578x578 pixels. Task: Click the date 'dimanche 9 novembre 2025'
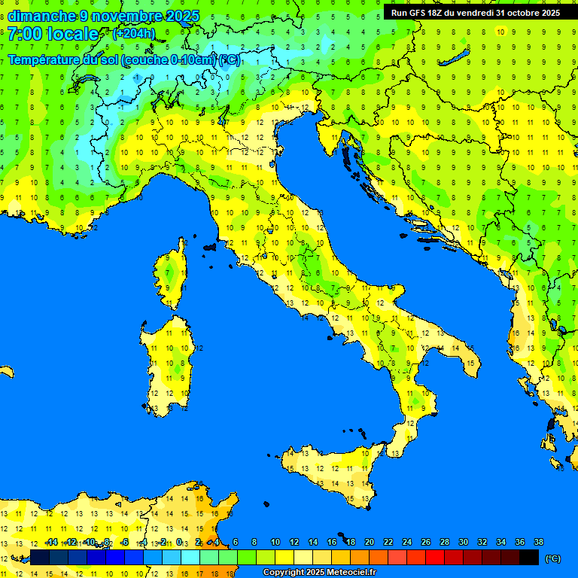coord(103,16)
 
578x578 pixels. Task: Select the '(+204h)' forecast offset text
coord(133,34)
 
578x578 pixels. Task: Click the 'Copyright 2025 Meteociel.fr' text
coord(319,573)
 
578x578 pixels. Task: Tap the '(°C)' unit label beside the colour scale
coord(552,558)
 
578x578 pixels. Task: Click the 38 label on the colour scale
coord(539,542)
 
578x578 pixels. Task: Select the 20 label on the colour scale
coord(370,542)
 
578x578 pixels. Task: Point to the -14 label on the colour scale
coord(51,542)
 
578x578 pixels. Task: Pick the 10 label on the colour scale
coord(275,542)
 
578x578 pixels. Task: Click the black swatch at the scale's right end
coord(529,557)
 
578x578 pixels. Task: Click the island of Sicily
coord(331,474)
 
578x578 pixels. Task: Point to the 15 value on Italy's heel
coord(470,364)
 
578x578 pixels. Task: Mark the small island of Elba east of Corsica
coord(210,246)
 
